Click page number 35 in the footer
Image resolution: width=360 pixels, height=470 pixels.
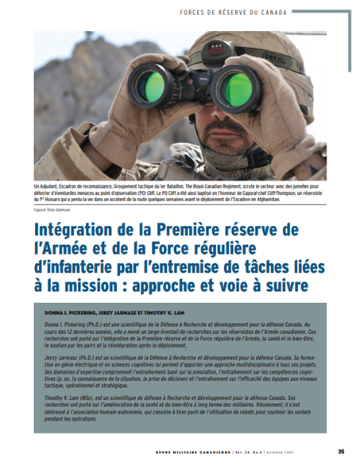tap(339, 453)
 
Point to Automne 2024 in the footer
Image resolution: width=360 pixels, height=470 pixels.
tap(305, 453)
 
